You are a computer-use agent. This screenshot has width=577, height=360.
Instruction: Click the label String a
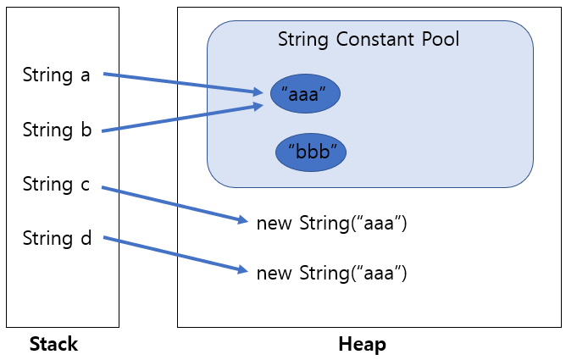(x=56, y=75)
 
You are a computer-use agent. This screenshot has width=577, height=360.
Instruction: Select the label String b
(x=56, y=130)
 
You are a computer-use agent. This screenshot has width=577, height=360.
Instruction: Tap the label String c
(x=56, y=185)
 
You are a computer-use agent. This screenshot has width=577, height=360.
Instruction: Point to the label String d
(x=56, y=239)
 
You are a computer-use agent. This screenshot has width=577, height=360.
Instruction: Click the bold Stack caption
(x=53, y=344)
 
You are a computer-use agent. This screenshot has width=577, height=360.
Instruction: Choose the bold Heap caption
(x=362, y=344)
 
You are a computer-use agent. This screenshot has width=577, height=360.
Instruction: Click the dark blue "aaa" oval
(x=305, y=95)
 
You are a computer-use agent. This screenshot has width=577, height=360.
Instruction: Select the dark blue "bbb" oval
(x=312, y=152)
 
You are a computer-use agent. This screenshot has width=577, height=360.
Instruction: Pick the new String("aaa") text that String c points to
(x=332, y=224)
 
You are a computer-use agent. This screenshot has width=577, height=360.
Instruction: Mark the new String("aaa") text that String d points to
(x=332, y=273)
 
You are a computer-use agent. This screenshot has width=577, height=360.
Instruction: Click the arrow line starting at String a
(x=178, y=82)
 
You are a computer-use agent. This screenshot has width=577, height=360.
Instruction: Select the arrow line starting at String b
(x=178, y=119)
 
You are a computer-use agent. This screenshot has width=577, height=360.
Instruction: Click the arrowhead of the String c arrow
(x=244, y=220)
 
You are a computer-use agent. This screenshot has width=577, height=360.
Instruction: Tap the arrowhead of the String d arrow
(x=244, y=270)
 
